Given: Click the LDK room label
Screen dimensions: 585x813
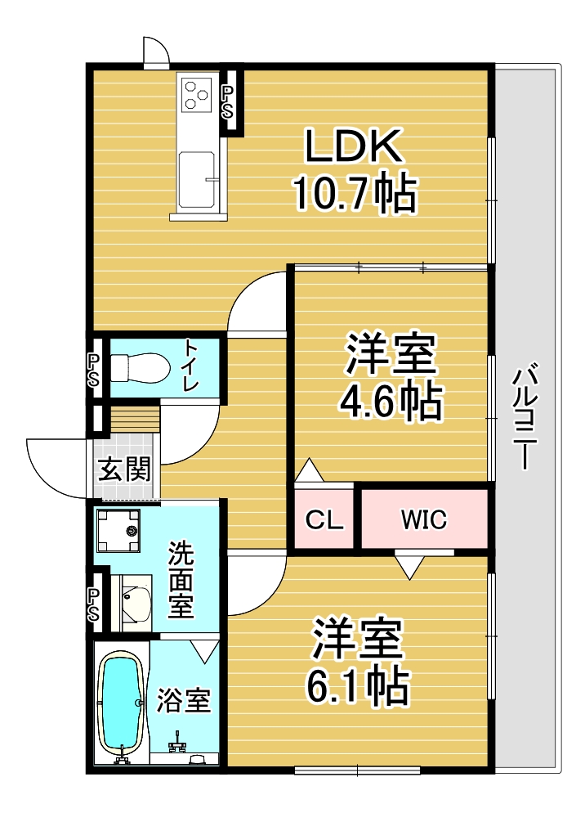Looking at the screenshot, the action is tap(354, 146).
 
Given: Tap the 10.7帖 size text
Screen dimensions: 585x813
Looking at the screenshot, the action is tap(356, 193).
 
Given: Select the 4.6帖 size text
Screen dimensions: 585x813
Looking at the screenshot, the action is tap(391, 402).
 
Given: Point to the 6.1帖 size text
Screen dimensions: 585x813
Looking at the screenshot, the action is tap(358, 686).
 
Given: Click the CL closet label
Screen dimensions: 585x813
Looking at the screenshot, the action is tap(324, 519).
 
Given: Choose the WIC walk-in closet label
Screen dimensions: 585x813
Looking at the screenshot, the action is tap(424, 519).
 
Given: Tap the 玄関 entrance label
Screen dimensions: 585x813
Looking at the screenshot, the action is tap(124, 469).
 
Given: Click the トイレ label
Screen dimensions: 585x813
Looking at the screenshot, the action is tap(191, 366).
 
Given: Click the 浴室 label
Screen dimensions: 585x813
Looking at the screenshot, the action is tap(184, 700).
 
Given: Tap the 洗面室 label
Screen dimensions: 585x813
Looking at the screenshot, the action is tap(181, 579).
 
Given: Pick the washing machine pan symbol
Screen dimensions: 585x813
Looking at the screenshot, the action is tap(118, 531).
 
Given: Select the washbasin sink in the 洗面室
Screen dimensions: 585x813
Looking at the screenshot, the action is tap(136, 603).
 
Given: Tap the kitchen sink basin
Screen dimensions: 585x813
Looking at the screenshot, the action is tap(197, 179).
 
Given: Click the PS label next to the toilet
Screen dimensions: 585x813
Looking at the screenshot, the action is tap(94, 370).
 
